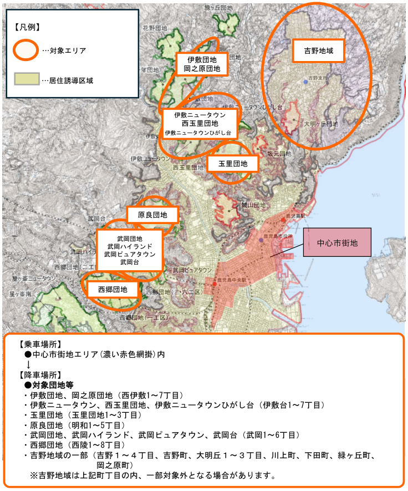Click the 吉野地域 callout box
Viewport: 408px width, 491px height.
(319, 50)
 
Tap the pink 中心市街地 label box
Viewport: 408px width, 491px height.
(337, 244)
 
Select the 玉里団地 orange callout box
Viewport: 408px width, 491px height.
(233, 164)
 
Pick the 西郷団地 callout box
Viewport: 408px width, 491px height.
(113, 289)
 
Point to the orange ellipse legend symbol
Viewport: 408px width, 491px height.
(26, 50)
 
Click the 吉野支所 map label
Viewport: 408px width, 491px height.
(318, 78)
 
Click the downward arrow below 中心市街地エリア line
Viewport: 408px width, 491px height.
(28, 365)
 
